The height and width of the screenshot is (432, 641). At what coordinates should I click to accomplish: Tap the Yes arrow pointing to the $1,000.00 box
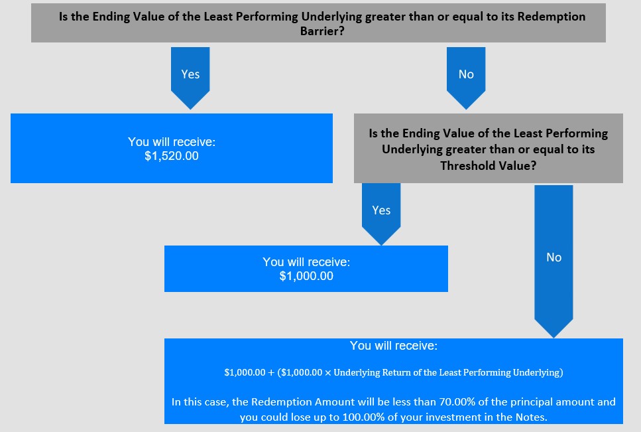(381, 214)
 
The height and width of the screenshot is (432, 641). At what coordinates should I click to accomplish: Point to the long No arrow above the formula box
(554, 261)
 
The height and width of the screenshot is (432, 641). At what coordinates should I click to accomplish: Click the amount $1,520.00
(172, 156)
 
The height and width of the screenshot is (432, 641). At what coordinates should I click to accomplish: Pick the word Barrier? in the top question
(322, 31)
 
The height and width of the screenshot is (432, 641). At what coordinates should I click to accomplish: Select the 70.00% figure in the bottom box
(457, 401)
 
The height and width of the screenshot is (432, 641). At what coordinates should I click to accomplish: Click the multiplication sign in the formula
(328, 373)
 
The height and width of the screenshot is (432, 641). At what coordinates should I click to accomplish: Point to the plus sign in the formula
(271, 373)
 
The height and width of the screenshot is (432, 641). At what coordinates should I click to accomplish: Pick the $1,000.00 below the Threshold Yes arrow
(306, 276)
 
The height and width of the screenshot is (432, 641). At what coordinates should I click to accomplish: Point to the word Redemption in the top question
(552, 17)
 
